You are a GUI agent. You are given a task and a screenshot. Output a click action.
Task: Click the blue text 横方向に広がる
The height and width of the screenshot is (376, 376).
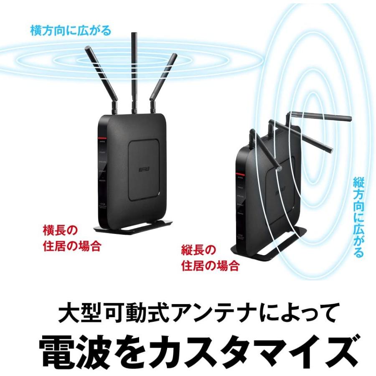(71, 30)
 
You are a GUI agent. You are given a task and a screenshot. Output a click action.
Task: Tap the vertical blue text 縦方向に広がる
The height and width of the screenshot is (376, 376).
(358, 217)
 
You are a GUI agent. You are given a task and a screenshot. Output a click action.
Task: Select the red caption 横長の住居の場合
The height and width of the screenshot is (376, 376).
(72, 238)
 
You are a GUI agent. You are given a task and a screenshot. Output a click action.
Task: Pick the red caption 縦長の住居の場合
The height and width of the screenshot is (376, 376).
(210, 258)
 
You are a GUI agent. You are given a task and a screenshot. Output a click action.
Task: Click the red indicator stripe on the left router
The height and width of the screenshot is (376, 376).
(102, 137)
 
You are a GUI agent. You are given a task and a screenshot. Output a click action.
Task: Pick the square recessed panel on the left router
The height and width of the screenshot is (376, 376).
(144, 169)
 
